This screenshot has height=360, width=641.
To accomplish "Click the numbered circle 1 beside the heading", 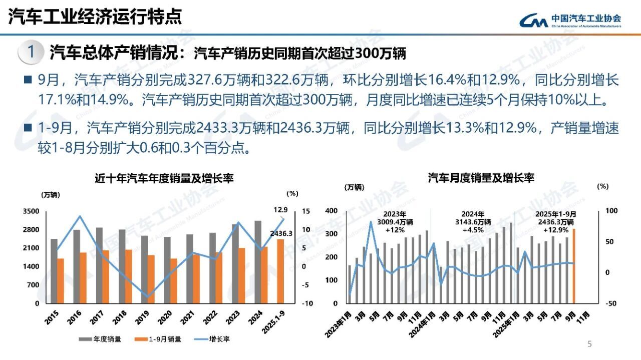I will click(x=31, y=53).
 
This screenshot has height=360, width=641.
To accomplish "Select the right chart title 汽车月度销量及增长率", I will click(x=481, y=178).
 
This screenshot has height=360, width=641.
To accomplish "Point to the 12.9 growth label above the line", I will click(x=280, y=210).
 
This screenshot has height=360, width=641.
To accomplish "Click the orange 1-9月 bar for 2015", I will click(x=61, y=280).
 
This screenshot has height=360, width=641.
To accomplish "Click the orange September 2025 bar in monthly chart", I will click(x=573, y=266).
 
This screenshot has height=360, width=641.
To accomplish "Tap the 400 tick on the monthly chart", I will click(x=331, y=211).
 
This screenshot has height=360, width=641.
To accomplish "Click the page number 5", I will click(x=589, y=344).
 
